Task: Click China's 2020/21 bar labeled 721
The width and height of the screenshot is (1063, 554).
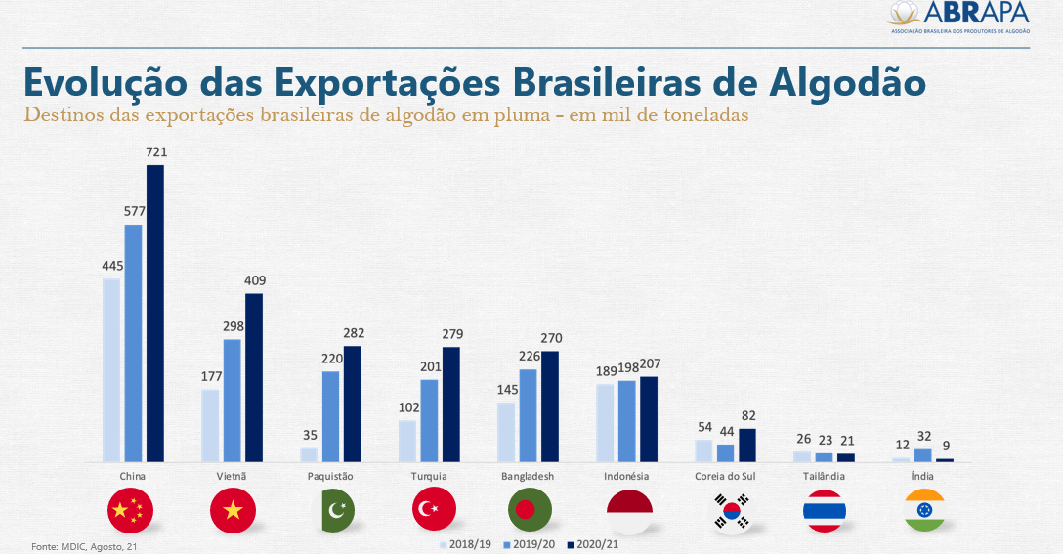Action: pyautogui.click(x=154, y=313)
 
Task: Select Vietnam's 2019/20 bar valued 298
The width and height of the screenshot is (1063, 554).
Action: pyautogui.click(x=233, y=401)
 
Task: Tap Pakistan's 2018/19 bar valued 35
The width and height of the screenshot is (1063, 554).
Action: pyautogui.click(x=309, y=454)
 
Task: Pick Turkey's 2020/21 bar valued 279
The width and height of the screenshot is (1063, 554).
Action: pyautogui.click(x=451, y=404)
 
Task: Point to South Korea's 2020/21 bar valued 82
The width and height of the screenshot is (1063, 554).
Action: pyautogui.click(x=747, y=445)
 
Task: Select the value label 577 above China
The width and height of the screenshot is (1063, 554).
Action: pyautogui.click(x=133, y=211)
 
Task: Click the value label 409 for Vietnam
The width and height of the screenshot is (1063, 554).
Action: pyautogui.click(x=255, y=280)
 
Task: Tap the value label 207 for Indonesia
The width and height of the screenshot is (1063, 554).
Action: pyautogui.click(x=650, y=363)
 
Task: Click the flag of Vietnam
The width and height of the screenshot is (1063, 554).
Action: pyautogui.click(x=233, y=510)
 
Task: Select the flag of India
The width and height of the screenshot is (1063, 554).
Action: pyautogui.click(x=922, y=510)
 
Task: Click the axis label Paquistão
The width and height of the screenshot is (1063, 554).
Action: pyautogui.click(x=330, y=477)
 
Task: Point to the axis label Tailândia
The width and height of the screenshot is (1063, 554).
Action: pyautogui.click(x=824, y=477)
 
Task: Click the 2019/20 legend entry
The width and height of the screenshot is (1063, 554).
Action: pyautogui.click(x=531, y=545)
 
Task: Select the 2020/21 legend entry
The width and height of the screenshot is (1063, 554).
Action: pyautogui.click(x=595, y=545)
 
